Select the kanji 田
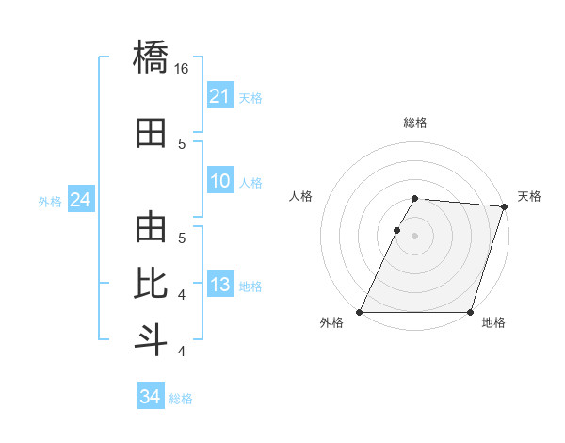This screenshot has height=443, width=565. (151, 133)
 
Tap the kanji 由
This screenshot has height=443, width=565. (151, 228)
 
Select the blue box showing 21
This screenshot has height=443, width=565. (219, 96)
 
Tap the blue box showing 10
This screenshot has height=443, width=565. (219, 182)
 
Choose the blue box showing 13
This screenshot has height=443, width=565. (219, 285)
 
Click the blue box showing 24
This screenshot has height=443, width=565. (80, 200)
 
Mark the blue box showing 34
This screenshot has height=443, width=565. (150, 398)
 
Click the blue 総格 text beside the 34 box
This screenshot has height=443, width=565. (181, 399)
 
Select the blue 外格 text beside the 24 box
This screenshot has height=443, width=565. (50, 201)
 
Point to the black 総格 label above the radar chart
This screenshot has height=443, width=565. (415, 123)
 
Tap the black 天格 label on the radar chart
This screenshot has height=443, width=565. (529, 196)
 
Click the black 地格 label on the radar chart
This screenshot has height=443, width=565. (493, 323)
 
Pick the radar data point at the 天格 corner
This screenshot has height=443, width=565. (505, 206)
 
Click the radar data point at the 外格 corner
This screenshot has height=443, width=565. (360, 312)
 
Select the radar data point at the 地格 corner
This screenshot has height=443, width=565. (470, 312)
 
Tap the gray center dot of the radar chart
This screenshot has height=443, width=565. (414, 236)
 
